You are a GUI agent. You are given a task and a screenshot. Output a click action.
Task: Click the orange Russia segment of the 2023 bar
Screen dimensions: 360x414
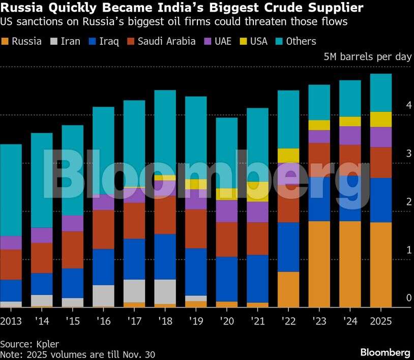pyautogui.click(x=319, y=264)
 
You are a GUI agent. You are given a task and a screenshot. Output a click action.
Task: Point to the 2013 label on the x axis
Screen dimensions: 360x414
pyautogui.click(x=11, y=321)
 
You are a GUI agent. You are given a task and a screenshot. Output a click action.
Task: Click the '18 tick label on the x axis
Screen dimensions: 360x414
pyautogui.click(x=165, y=321)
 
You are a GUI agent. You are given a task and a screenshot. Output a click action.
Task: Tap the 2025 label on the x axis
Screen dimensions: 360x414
pyautogui.click(x=381, y=321)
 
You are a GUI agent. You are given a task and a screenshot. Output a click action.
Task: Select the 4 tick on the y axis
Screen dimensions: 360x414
pyautogui.click(x=408, y=105)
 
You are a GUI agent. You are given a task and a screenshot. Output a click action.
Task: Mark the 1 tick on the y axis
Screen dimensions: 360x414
pyautogui.click(x=408, y=250)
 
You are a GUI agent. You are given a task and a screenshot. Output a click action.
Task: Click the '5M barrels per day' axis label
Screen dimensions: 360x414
pyautogui.click(x=367, y=57)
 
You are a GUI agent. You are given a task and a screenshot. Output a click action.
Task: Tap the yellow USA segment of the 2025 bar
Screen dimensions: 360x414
pyautogui.click(x=381, y=119)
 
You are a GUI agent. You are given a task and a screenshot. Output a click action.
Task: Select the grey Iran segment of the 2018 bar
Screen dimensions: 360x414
pyautogui.click(x=165, y=291)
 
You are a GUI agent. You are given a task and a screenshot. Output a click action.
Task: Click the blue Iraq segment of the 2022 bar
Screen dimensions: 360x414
pyautogui.click(x=288, y=247)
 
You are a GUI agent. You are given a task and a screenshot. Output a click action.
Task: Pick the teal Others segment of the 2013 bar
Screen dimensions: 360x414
pyautogui.click(x=11, y=190)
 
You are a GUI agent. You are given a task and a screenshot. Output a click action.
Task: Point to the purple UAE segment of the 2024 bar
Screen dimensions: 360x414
pyautogui.click(x=350, y=135)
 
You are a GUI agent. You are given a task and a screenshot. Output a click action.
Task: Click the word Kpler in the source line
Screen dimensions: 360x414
pyautogui.click(x=48, y=344)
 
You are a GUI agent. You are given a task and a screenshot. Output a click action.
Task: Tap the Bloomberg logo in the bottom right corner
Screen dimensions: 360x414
pyautogui.click(x=385, y=352)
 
